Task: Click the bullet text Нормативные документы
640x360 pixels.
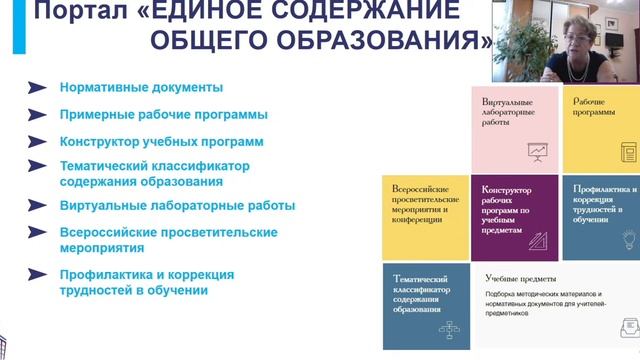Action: pyautogui.click(x=140, y=88)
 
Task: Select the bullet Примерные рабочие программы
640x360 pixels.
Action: pyautogui.click(x=163, y=115)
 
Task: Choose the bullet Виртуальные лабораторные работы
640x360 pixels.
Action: pyautogui.click(x=177, y=206)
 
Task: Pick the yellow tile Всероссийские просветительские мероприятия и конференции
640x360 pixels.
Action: pyautogui.click(x=426, y=214)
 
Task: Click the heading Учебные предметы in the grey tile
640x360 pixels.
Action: pyautogui.click(x=520, y=278)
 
